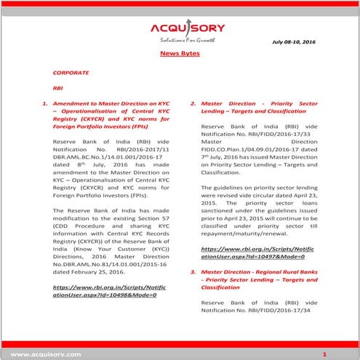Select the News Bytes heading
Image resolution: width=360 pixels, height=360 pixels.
tap(180, 55)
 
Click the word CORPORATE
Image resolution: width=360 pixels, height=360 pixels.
tap(71, 73)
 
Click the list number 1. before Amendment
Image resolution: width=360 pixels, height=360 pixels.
tap(46, 104)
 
